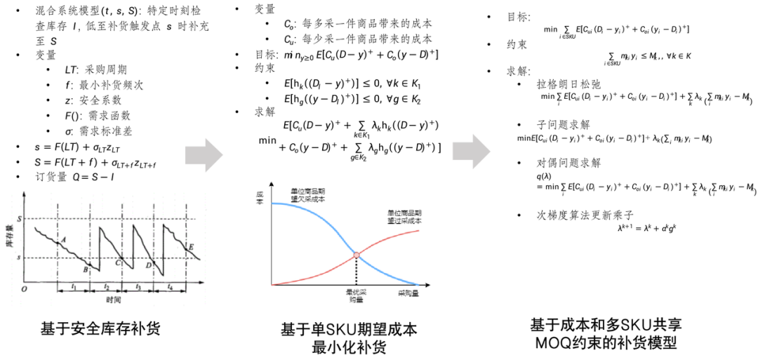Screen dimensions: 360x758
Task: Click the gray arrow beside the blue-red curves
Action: (470, 152)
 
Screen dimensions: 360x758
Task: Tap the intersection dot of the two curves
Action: (357, 254)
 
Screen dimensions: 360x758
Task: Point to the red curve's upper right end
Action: (418, 229)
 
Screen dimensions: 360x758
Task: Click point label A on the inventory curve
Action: (64, 239)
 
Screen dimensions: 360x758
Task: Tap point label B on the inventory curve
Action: (86, 269)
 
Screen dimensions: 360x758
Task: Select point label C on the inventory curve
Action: (117, 262)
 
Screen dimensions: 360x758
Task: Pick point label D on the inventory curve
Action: (148, 265)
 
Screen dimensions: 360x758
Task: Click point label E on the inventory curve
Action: (191, 246)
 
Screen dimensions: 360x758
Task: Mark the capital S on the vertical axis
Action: (20, 219)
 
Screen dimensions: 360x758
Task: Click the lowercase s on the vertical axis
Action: (20, 258)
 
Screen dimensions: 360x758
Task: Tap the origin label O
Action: (23, 288)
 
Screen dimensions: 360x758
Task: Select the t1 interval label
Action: (74, 288)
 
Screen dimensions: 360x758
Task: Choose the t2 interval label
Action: (106, 288)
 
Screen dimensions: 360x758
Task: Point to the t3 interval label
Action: (138, 288)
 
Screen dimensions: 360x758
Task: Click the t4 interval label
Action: (170, 288)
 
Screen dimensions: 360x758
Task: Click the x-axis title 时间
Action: (114, 300)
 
